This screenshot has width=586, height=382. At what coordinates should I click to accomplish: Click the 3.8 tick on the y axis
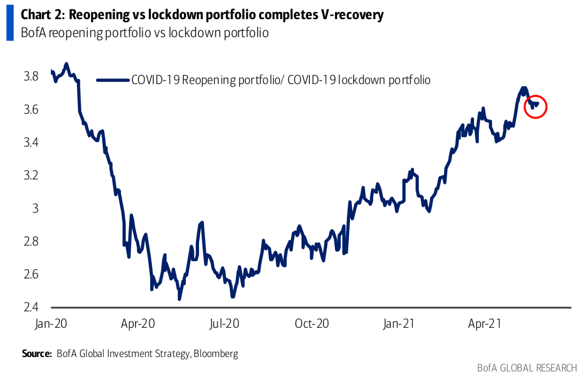coord(31,76)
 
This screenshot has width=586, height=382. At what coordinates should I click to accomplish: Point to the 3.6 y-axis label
coord(31,109)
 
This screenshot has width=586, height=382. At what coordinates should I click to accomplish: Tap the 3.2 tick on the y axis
coord(31,175)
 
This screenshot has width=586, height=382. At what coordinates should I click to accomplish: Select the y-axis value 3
coord(35,208)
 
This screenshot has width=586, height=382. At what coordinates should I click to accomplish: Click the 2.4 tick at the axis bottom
coord(31,307)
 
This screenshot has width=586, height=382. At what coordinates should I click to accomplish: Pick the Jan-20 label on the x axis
coord(51,324)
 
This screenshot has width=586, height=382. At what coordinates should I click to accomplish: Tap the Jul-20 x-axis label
coord(224,324)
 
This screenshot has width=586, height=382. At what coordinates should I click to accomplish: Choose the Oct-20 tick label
coord(312,324)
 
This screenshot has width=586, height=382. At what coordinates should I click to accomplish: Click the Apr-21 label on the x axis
coord(485,324)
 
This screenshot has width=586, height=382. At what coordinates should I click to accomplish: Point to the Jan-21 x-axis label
coord(398,324)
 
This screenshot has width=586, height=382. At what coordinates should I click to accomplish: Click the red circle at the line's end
coord(536,106)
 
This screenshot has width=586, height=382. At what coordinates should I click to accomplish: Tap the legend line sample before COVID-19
coord(113,80)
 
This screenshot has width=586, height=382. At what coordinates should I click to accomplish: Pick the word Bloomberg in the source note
coord(216,354)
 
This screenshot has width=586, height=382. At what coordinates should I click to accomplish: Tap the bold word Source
coord(37,354)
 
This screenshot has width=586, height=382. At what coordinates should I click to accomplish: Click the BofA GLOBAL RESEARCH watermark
coord(527,368)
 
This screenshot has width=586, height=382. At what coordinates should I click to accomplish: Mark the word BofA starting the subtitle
coord(34,33)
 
